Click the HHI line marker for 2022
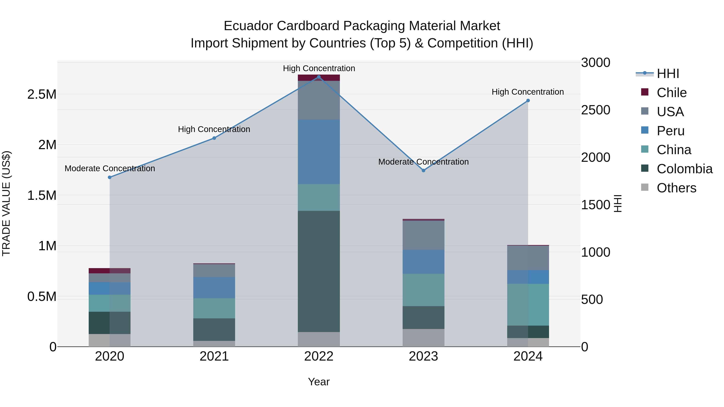point(319,77)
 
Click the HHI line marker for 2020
point(110,177)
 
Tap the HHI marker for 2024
point(528,100)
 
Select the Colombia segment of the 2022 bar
point(319,271)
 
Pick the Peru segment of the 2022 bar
point(319,152)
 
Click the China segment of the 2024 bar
point(528,304)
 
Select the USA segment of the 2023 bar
point(423,235)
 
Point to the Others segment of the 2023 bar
point(423,338)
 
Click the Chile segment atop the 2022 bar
point(319,78)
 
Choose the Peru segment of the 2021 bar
point(214,287)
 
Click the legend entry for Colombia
point(684,169)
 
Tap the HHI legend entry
point(667,74)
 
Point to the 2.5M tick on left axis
point(42,94)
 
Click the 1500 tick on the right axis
point(595,205)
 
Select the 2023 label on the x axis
point(423,356)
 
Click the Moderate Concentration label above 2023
point(423,162)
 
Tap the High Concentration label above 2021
point(214,129)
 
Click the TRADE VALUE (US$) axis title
point(6,203)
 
